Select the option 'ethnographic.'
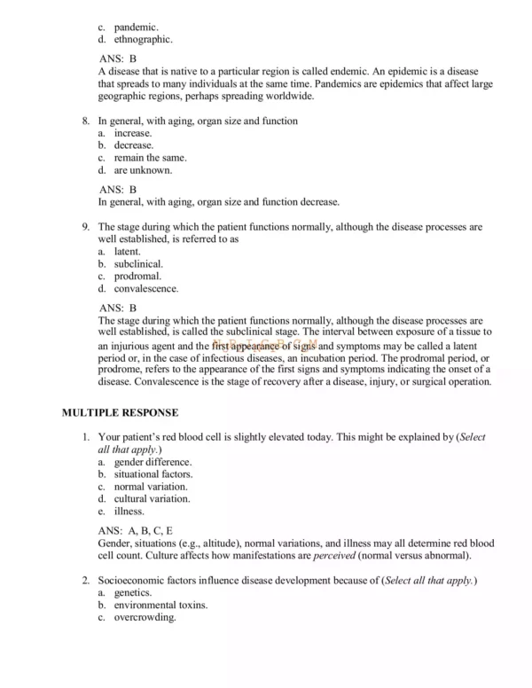click(x=143, y=39)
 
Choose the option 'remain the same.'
click(x=150, y=158)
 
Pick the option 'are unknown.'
click(x=143, y=169)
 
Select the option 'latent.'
click(x=127, y=252)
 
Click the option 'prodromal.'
click(x=137, y=276)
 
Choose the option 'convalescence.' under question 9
click(x=145, y=288)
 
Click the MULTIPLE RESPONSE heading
click(x=120, y=412)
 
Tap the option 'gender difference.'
click(x=153, y=462)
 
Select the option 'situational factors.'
click(x=153, y=474)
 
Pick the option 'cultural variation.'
click(x=152, y=498)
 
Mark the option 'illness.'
click(x=129, y=511)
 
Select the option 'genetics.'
click(x=132, y=592)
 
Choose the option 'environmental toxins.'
click(x=160, y=605)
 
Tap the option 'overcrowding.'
click(x=145, y=617)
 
